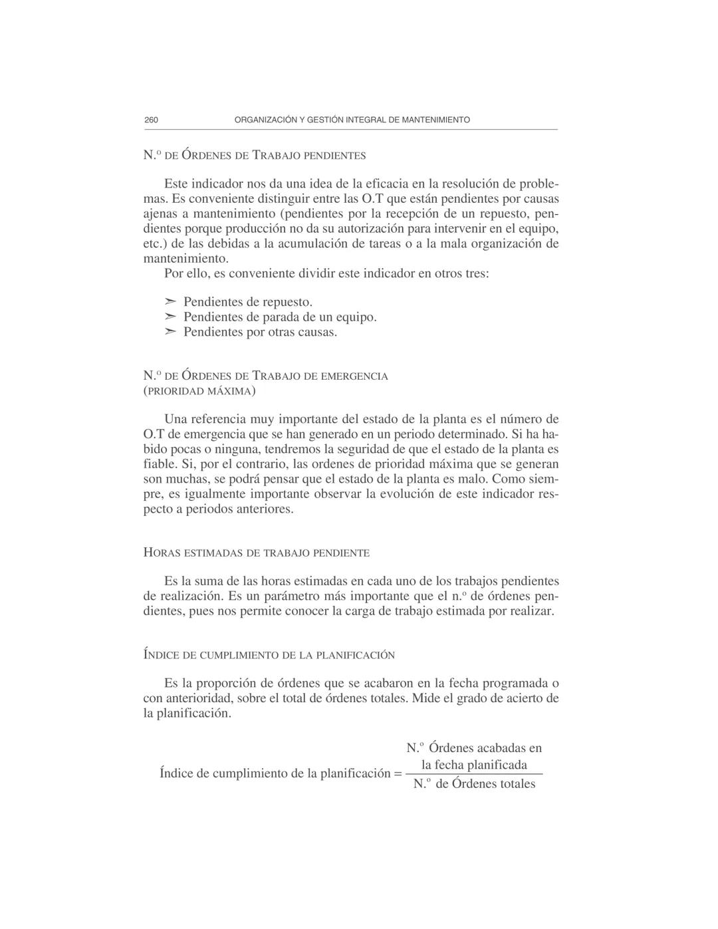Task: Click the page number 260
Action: click(x=151, y=120)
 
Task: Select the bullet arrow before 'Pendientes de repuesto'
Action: click(x=171, y=303)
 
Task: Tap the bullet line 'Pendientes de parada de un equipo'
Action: click(x=280, y=317)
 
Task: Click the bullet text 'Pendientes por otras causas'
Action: click(x=260, y=332)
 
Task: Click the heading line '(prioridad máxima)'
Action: click(x=199, y=391)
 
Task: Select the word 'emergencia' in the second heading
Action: click(x=354, y=376)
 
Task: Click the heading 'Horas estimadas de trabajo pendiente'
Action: click(x=257, y=553)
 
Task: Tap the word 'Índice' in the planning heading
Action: click(x=161, y=655)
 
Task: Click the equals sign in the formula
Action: click(x=398, y=774)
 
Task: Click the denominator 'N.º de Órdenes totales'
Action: click(x=474, y=784)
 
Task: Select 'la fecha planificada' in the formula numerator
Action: click(x=474, y=765)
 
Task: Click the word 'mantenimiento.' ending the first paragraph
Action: click(x=186, y=258)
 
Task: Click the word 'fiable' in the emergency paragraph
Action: click(x=158, y=464)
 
